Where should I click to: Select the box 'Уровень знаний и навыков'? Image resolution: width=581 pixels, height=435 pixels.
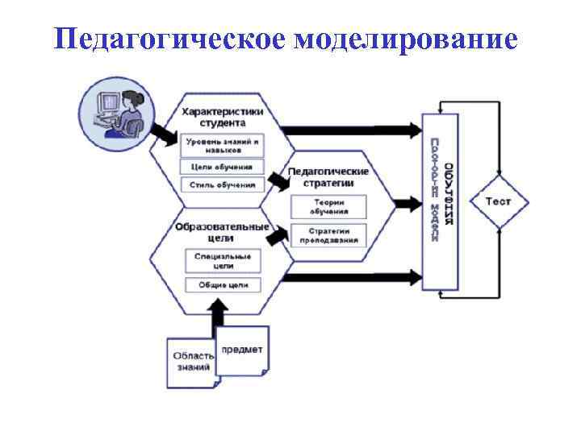pos(223,146)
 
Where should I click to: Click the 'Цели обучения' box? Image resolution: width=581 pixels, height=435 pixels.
pos(222,167)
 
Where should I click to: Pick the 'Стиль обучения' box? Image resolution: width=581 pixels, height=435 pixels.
pos(222,184)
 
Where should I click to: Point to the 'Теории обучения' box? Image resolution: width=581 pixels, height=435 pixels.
pos(330,206)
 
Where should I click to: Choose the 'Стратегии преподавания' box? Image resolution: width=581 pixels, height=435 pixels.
pos(330,235)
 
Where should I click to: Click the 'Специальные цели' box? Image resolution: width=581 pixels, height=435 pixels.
pos(223,259)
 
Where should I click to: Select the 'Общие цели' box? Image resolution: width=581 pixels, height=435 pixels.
pos(223,284)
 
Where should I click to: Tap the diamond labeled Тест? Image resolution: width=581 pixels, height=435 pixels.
pos(497,201)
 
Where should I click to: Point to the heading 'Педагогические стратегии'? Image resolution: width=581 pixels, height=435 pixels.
pos(328,176)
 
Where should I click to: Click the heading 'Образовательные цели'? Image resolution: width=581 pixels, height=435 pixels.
pos(222,232)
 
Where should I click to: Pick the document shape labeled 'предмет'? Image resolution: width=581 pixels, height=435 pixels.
pos(243,350)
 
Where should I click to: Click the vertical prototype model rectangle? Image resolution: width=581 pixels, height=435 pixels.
pos(441,201)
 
